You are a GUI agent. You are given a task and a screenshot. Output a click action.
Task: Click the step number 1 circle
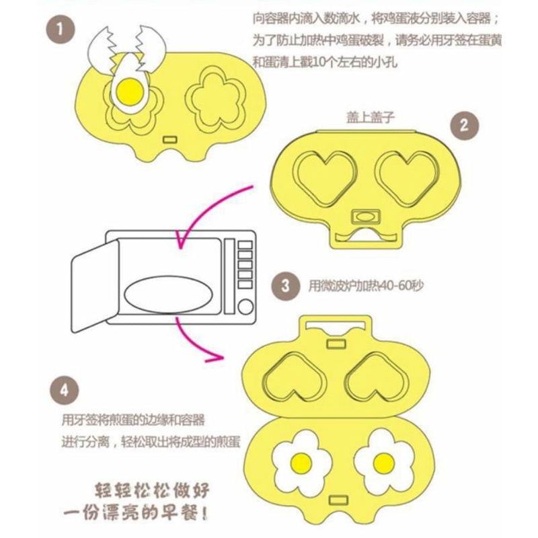point(60,29)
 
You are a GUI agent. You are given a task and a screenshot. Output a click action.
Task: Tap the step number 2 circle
point(464,125)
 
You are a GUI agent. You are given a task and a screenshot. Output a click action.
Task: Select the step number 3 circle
point(285,285)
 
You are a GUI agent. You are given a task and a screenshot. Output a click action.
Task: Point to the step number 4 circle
point(64,391)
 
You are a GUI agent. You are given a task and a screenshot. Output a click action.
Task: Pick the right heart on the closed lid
point(408,177)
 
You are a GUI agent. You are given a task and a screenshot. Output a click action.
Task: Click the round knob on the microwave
point(245,307)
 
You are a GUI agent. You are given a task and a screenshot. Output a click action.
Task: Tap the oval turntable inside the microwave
point(168,295)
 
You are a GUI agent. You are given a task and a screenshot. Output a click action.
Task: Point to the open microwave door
point(95,286)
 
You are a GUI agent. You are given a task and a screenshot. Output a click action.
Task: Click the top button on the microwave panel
point(245,245)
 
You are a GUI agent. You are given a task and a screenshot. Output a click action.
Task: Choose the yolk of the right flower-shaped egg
point(383,462)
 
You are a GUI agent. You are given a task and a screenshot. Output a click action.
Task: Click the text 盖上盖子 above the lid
point(371,118)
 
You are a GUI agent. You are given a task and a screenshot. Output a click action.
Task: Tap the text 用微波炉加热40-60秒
point(367,285)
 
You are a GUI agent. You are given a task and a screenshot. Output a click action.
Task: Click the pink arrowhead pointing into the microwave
point(180,240)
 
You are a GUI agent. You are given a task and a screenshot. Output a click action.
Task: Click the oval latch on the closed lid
point(366,217)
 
